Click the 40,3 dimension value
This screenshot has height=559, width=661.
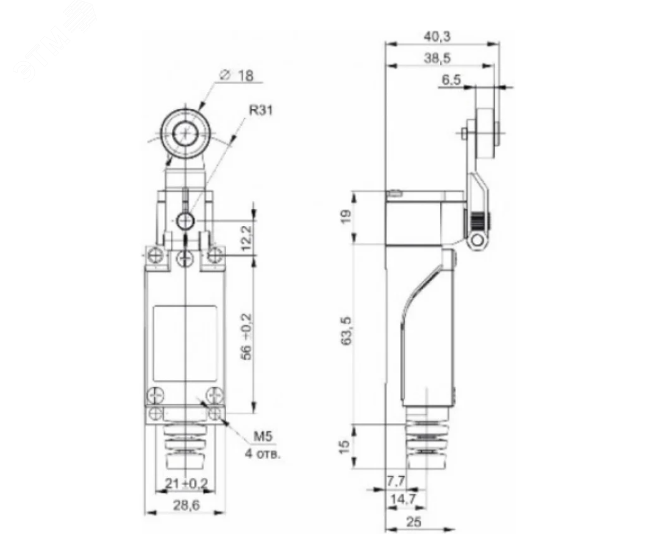pyautogui.click(x=437, y=37)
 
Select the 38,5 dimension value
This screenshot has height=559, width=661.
pyautogui.click(x=437, y=58)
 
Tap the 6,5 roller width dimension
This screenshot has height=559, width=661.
pyautogui.click(x=451, y=80)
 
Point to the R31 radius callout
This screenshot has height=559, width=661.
pyautogui.click(x=261, y=110)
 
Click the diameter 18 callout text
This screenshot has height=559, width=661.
pyautogui.click(x=237, y=76)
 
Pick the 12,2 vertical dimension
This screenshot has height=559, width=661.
pyautogui.click(x=246, y=238)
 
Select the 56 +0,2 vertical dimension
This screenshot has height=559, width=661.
pyautogui.click(x=246, y=336)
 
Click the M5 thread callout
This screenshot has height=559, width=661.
pyautogui.click(x=263, y=437)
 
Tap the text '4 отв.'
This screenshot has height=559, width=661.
pyautogui.click(x=263, y=455)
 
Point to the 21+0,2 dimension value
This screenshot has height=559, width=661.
pyautogui.click(x=185, y=483)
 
